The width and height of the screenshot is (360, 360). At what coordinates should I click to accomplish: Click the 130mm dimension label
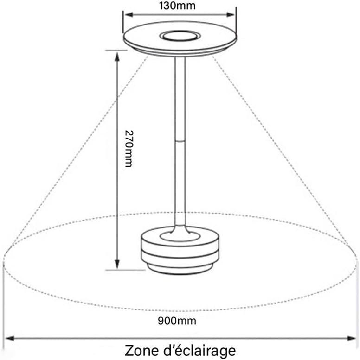click(177, 6)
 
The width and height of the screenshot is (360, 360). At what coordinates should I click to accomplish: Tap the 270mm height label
click(129, 149)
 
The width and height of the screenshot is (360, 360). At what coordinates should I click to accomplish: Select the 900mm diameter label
click(177, 321)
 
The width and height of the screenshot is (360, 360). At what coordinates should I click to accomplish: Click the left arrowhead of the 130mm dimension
click(129, 15)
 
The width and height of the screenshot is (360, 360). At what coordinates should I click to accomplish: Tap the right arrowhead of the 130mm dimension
click(231, 15)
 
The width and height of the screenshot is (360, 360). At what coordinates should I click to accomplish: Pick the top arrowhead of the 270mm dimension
click(117, 57)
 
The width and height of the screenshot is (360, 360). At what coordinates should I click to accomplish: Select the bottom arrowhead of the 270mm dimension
click(117, 264)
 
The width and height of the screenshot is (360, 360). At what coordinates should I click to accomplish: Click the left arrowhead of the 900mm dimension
click(10, 338)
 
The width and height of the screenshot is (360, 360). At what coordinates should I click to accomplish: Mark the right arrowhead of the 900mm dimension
click(351, 338)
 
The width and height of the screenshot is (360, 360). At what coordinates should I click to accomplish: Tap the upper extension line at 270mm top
click(116, 51)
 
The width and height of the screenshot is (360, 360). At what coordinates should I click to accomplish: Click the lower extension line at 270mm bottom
click(126, 270)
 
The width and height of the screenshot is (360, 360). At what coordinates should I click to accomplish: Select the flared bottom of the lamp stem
click(180, 230)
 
